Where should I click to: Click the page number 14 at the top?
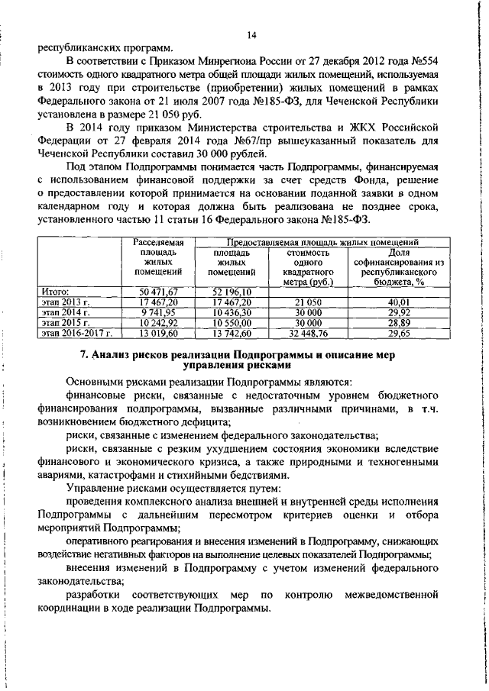[252, 34]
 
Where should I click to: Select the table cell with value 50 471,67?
[159, 291]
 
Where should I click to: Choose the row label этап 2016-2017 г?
[77, 333]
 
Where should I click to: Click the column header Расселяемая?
[159, 241]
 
